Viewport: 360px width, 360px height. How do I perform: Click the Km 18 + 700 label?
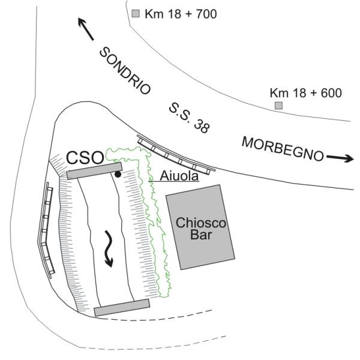(x=181, y=13)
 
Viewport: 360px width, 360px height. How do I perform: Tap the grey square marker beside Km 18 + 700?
(x=136, y=13)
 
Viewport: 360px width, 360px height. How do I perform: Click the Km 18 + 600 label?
(x=305, y=93)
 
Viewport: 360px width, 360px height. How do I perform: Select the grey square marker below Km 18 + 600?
(x=278, y=106)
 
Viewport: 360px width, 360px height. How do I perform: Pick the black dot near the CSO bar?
(x=118, y=175)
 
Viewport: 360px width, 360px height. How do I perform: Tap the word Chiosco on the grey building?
(x=200, y=223)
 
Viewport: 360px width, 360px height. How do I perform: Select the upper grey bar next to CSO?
(x=94, y=171)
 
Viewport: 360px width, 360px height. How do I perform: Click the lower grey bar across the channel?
(x=122, y=307)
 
